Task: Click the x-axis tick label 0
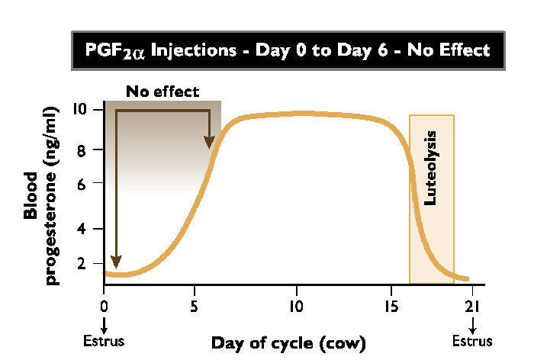point(104,303)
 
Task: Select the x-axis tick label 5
point(196,303)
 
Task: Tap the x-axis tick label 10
point(296,303)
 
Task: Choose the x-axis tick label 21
point(471,303)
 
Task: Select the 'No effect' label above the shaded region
point(162,92)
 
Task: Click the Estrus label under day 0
point(104,340)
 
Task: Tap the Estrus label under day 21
point(471,340)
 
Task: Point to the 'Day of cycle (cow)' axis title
point(288,342)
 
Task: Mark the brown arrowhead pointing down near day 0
point(116,262)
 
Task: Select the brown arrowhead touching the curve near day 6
point(209,141)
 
